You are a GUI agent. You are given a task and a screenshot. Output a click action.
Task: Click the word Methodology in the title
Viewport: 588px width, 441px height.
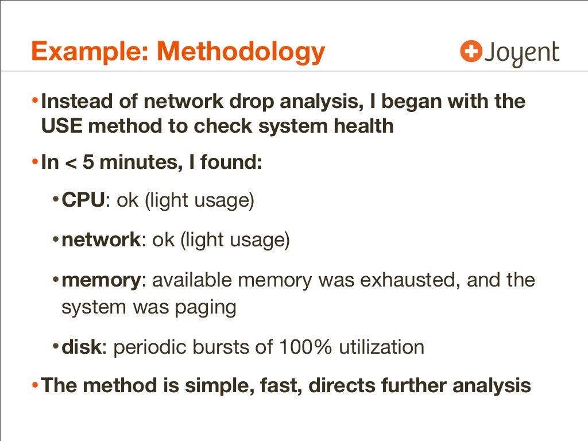click(x=241, y=52)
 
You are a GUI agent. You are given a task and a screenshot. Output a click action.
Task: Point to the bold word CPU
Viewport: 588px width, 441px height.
click(x=83, y=202)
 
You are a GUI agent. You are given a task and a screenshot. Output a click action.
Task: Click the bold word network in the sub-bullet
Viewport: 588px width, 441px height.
click(x=101, y=240)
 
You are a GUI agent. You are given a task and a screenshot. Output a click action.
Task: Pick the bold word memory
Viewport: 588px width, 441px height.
click(x=101, y=280)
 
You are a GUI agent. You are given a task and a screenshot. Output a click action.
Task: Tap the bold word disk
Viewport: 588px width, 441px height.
click(x=81, y=347)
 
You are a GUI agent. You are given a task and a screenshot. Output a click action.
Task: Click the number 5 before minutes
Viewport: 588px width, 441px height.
click(x=88, y=163)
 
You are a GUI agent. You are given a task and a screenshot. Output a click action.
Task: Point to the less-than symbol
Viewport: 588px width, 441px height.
click(x=69, y=163)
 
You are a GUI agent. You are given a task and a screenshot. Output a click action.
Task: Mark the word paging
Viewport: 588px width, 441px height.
click(x=205, y=308)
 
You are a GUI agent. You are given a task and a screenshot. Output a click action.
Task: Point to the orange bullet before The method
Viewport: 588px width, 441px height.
click(x=36, y=384)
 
